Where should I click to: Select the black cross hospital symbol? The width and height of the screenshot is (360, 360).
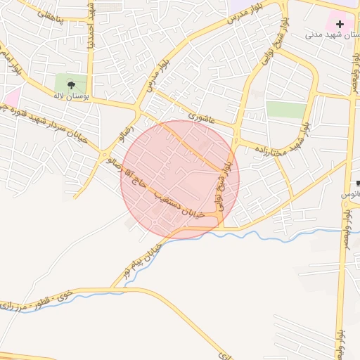click(x=340, y=25)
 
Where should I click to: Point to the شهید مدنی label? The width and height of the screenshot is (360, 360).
click(x=332, y=34)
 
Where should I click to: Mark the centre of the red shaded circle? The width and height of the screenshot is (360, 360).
click(x=180, y=179)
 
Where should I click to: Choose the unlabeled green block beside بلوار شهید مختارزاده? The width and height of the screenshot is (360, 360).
click(x=286, y=110)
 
